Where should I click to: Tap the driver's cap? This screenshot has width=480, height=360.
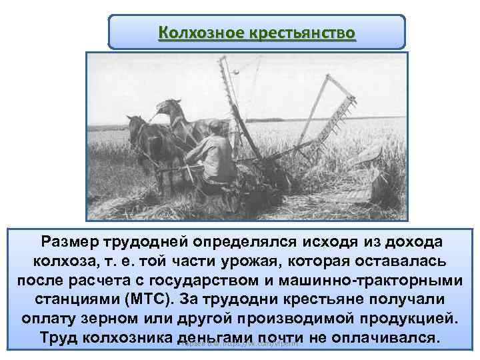click(x=215, y=125)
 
